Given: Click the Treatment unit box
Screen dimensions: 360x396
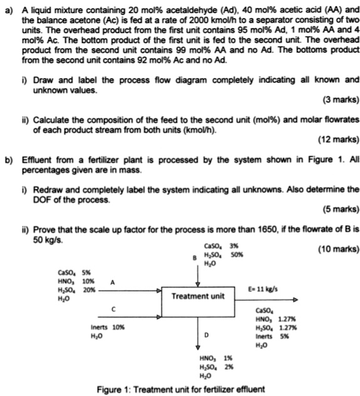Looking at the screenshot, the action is (197, 295).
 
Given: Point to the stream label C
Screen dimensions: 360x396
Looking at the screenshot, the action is (113, 308).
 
